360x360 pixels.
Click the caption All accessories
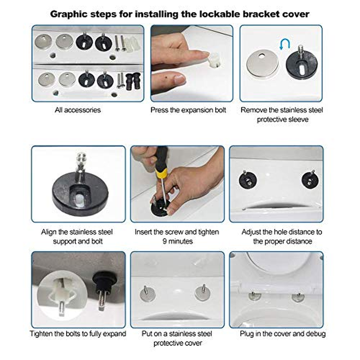tap(77, 109)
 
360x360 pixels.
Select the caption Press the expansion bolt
tap(188, 109)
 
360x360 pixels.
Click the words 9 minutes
tap(177, 241)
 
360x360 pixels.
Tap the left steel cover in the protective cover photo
tap(146, 294)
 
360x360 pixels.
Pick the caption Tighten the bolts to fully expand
tap(77, 334)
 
